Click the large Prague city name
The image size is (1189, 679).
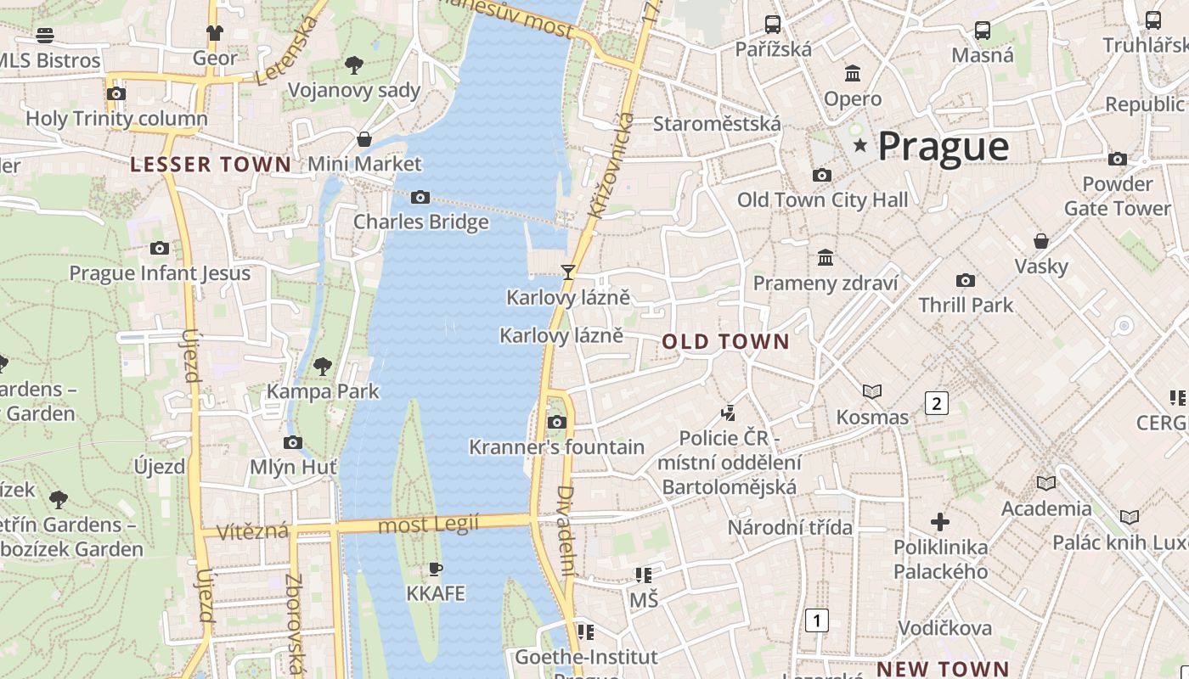tap(943, 146)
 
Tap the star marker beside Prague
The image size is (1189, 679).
tap(860, 146)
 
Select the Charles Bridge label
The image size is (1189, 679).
tap(420, 222)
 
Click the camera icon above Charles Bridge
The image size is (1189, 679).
tap(420, 198)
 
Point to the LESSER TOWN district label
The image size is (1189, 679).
tap(210, 164)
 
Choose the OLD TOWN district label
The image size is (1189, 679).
tap(725, 342)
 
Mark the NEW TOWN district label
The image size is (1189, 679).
tap(942, 669)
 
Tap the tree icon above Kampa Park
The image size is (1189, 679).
tap(322, 367)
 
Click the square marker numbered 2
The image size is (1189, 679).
tap(936, 403)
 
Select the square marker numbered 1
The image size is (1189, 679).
tap(816, 620)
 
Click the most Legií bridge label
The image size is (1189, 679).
tap(428, 525)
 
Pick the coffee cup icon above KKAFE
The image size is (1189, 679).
tap(436, 569)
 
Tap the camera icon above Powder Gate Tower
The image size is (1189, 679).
tap(1118, 159)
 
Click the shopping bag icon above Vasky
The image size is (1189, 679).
tap(1040, 241)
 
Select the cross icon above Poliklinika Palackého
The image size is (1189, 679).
tap(940, 522)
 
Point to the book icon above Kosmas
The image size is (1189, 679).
tap(872, 391)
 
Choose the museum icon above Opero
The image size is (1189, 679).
tap(853, 74)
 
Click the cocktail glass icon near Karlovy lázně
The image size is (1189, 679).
tap(568, 272)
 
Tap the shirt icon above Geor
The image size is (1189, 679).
tap(214, 33)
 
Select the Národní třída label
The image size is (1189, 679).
tap(789, 527)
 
